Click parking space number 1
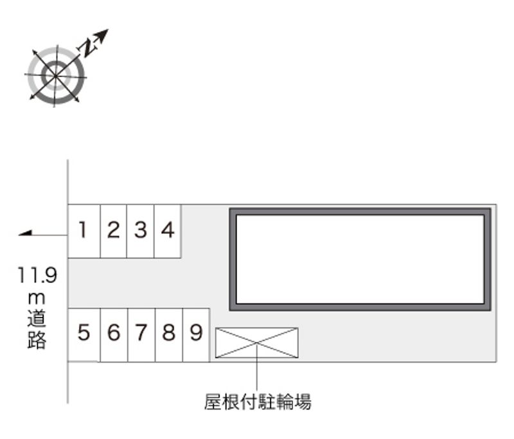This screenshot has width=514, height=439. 84,231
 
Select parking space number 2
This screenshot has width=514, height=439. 113,231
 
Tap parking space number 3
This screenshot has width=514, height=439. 141,231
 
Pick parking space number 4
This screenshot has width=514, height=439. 168,231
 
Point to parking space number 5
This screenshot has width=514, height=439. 84,334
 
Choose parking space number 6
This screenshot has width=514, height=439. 114,334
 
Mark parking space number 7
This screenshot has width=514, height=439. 141,334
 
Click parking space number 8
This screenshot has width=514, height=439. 169,334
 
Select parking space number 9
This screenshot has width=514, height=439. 196,334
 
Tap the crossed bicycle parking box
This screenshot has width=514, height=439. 256,343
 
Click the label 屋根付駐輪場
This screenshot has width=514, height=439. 258,403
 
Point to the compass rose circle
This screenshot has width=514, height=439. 55,75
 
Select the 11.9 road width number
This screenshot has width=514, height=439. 37,276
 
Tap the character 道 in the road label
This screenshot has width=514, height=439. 37,319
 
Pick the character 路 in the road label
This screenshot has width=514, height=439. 37,340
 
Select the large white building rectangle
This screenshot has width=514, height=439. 360,258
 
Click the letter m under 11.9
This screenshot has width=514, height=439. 37,298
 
